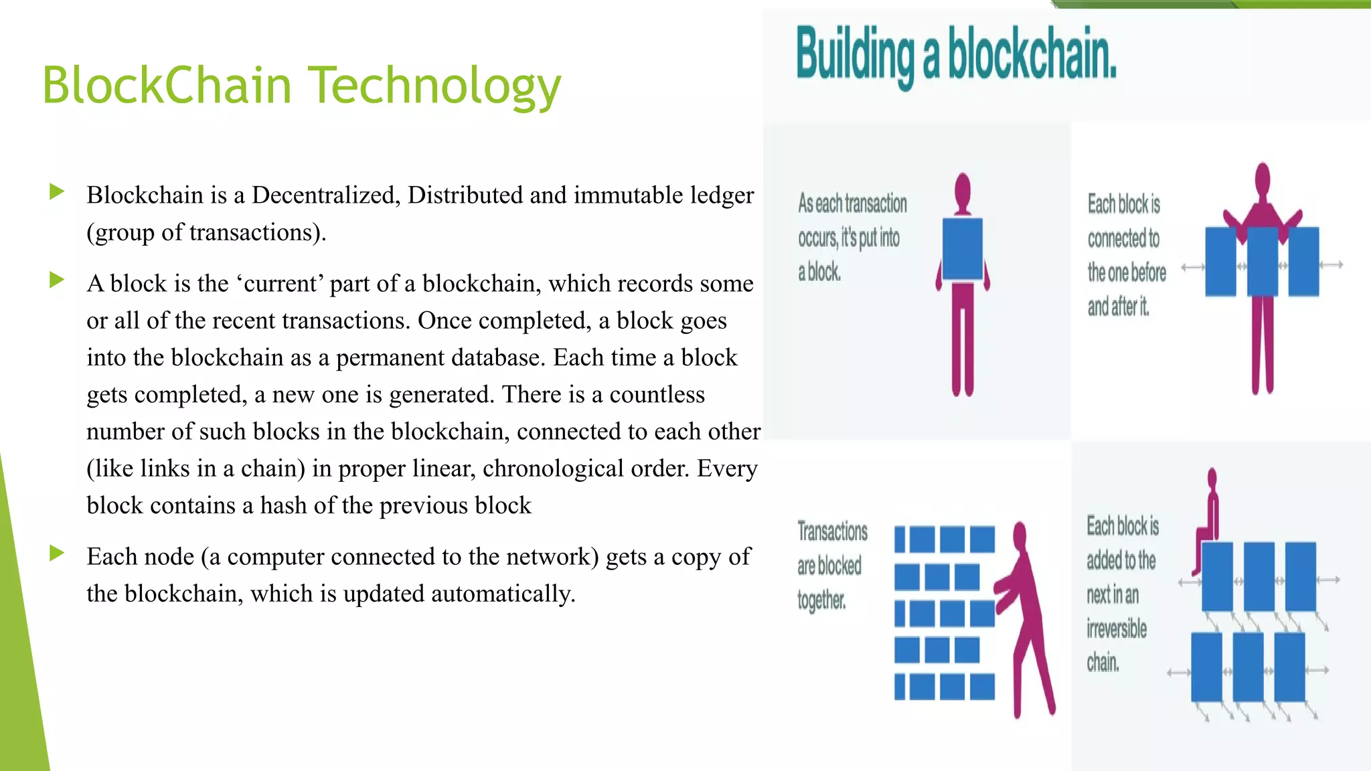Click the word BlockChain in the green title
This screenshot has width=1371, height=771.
pos(167,86)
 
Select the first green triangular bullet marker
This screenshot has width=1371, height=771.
pos(57,193)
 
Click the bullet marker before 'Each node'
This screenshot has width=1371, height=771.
pos(57,553)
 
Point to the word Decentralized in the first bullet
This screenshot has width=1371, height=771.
pos(325,195)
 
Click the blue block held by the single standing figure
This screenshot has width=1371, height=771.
pos(962,248)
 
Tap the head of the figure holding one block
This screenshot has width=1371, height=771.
pos(963,190)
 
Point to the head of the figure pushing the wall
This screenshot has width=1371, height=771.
pos(1020,535)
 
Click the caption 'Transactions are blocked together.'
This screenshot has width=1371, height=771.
pos(831,566)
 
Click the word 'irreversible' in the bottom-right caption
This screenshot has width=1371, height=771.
pos(1116,629)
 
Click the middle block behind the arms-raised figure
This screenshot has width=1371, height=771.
pos(1262,262)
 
